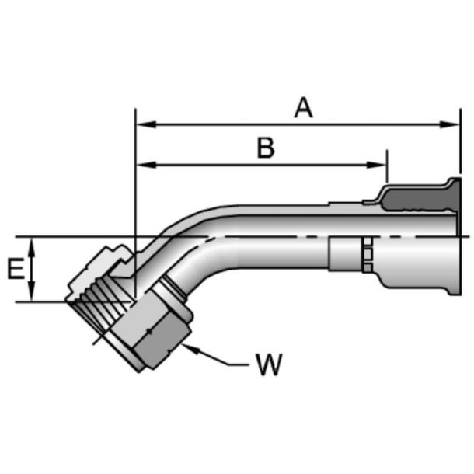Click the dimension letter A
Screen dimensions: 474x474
click(x=304, y=108)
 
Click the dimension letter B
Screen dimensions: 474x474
click(x=266, y=148)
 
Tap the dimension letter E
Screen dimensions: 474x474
click(x=14, y=270)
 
